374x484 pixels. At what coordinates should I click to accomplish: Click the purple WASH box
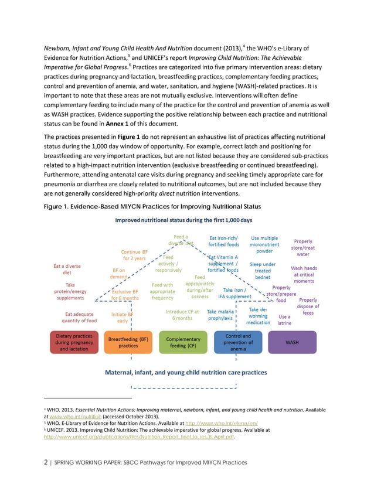click(x=291, y=342)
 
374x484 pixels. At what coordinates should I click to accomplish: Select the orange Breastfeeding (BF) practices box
click(x=128, y=342)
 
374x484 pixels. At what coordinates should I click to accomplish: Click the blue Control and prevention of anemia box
click(x=239, y=342)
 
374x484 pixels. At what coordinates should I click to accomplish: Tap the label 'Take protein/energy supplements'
click(x=70, y=292)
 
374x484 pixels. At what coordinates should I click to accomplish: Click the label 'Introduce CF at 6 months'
click(x=182, y=315)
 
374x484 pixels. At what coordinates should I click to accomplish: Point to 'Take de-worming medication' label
click(x=259, y=316)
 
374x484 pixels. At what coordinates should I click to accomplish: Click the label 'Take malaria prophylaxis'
click(x=220, y=315)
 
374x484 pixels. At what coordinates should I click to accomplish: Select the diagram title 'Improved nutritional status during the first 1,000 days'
click(x=183, y=220)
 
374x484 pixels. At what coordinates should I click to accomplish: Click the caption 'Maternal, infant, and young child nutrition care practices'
click(x=186, y=372)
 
